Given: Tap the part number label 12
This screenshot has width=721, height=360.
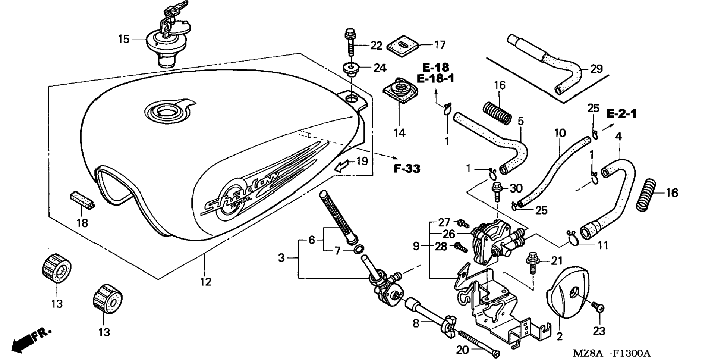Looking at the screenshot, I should coord(205,282).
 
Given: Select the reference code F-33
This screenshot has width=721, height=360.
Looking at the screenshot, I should coord(407,169).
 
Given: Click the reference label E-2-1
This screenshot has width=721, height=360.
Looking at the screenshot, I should coord(621,113).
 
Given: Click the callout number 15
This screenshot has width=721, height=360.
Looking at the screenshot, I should coord(124,39).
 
